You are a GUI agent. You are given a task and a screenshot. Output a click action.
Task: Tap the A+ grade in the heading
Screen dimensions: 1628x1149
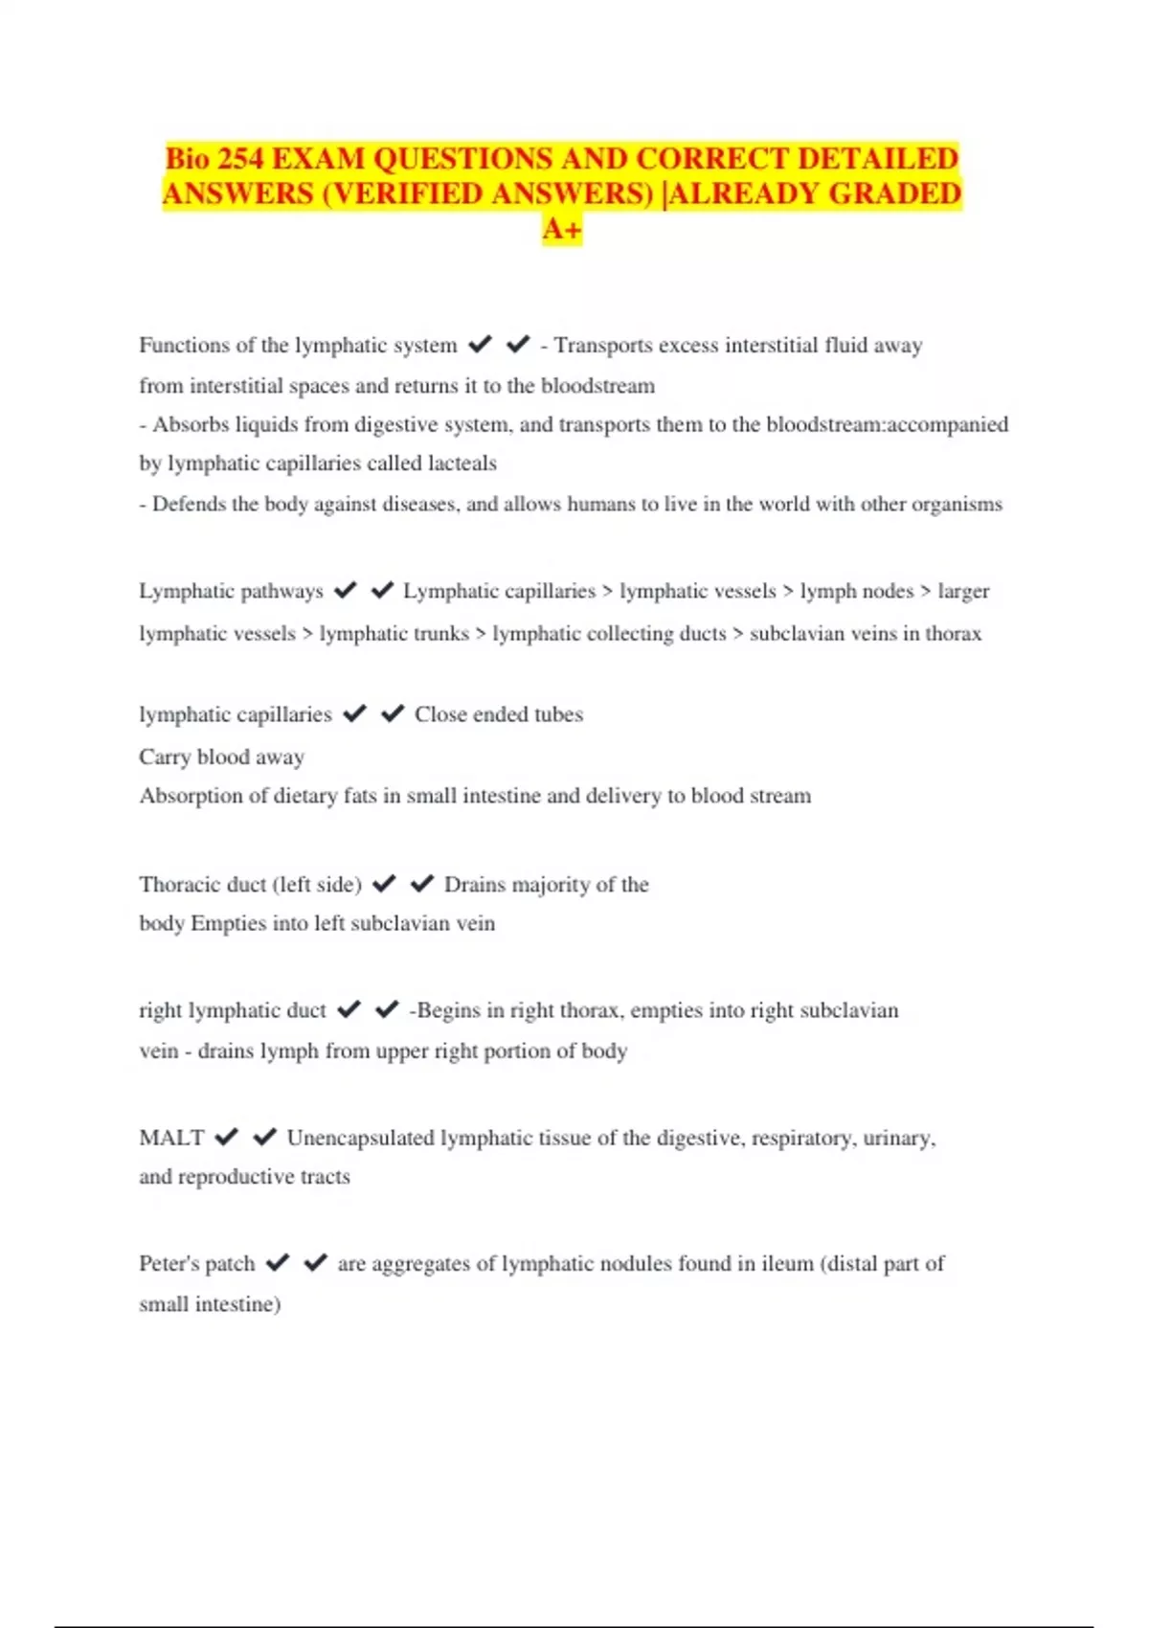562,230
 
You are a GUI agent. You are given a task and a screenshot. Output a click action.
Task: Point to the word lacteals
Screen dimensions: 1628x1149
462,464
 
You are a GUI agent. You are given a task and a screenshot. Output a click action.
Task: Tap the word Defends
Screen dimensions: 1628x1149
190,504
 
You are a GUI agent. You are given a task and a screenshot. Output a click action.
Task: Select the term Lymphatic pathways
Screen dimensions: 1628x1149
231,591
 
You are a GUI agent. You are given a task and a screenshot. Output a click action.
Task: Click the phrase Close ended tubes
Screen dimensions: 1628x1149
498,714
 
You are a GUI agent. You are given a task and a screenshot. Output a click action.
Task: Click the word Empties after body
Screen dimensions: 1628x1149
229,923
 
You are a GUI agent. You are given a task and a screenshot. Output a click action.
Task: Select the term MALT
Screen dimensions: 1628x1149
171,1138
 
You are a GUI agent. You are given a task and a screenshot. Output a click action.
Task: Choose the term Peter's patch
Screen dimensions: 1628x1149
196,1263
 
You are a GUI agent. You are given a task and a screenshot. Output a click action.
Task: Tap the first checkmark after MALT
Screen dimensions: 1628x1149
226,1137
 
